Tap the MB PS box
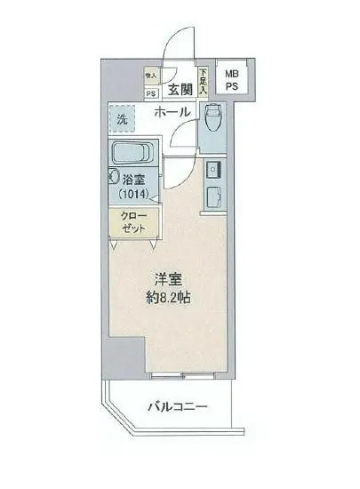coord(231,80)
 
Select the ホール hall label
coord(172,113)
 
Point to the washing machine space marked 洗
coord(121,116)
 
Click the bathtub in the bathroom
coord(132,152)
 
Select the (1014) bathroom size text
coord(132,193)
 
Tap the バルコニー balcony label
coord(177,407)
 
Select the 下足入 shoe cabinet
coord(203,82)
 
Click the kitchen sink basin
coord(214,169)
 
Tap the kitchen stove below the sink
coord(214,196)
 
